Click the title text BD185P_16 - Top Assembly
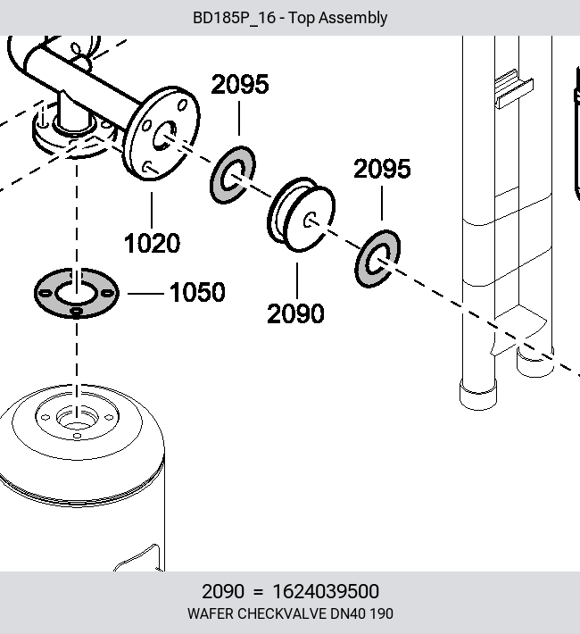click(290, 18)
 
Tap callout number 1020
click(152, 244)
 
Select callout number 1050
click(197, 292)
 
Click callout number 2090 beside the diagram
click(295, 313)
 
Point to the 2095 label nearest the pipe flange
click(240, 85)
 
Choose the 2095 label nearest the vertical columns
click(382, 169)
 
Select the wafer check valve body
click(301, 214)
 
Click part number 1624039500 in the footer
click(326, 591)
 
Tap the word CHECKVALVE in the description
click(281, 613)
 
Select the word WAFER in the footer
click(211, 613)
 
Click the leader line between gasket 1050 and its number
click(145, 293)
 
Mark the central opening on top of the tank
click(77, 419)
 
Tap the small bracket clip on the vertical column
click(514, 89)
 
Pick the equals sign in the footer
click(258, 592)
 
